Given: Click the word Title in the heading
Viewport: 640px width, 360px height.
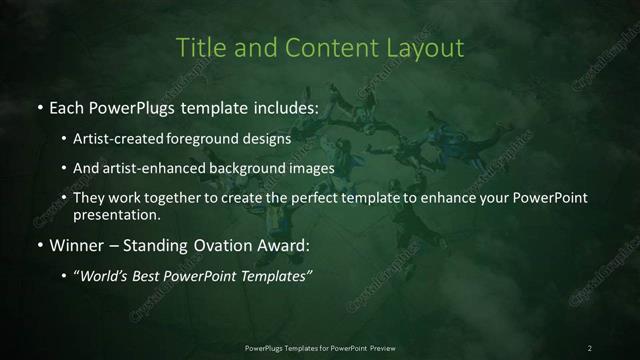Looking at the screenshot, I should pos(198,47).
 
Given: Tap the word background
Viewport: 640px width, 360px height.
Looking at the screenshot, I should pos(246,168).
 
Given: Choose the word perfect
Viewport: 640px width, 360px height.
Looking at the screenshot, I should pos(321,198).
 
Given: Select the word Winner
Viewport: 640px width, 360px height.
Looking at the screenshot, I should pos(75,244).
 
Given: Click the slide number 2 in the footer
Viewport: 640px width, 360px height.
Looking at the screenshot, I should pos(590,348).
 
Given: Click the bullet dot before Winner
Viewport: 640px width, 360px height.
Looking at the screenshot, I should pos(39,245).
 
